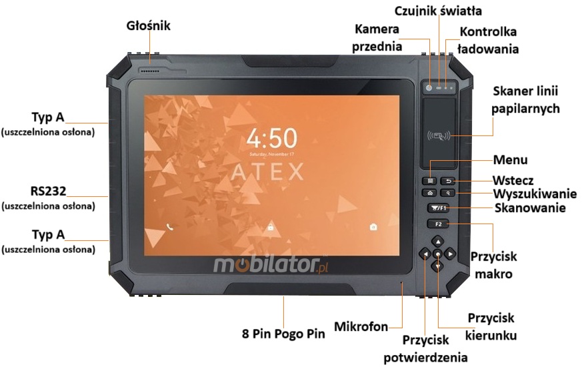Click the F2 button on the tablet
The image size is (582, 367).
tap(438, 224)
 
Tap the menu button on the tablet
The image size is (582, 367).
tap(431, 181)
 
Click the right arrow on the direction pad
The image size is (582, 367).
tap(451, 254)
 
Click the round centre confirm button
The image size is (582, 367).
tap(437, 254)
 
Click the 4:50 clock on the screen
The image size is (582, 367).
tap(271, 138)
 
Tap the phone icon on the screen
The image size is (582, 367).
tap(170, 227)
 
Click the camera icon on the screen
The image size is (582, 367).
tap(373, 227)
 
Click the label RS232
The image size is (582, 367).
tap(47, 192)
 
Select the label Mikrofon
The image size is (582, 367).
tap(362, 326)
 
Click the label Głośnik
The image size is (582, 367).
tap(149, 26)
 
